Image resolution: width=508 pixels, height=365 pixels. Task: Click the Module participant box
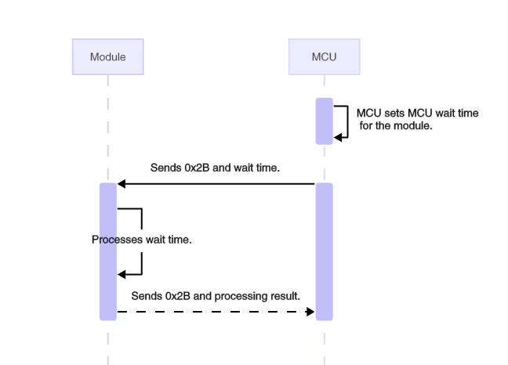108,57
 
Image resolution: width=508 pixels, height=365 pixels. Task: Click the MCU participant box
324,57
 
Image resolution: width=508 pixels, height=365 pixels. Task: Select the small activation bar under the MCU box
325,121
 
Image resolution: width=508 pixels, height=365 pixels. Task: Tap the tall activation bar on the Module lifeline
108,251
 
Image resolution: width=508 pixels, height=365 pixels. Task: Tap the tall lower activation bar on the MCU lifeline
325,251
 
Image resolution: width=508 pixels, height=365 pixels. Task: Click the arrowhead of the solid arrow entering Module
122,184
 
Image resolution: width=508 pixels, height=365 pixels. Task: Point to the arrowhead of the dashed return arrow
310,312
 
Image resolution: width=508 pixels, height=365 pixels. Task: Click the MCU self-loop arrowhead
338,137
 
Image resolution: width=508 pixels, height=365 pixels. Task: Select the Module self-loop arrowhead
122,274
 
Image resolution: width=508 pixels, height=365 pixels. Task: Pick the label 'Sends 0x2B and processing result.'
216,296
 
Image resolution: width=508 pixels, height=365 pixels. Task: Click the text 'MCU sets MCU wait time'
417,113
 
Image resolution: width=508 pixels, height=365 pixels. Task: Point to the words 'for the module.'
396,125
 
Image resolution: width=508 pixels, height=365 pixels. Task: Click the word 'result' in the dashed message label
285,296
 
